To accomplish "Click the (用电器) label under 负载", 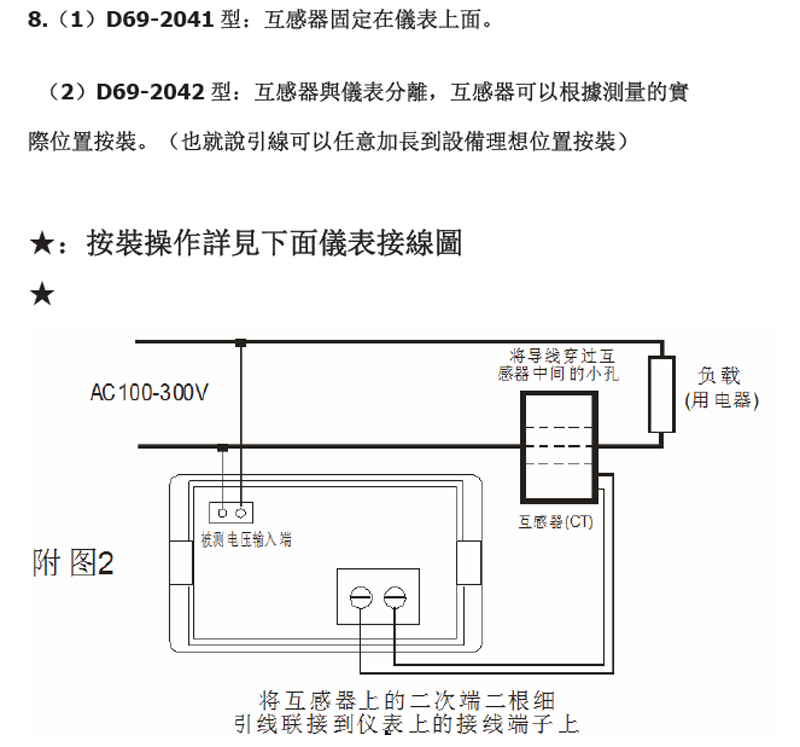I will [720, 400].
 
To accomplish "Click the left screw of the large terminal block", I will [360, 597].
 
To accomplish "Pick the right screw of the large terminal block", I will [396, 597].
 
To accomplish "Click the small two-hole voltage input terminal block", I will [231, 512].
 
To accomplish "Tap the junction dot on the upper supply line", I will [240, 343].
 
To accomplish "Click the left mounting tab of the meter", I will [181, 562].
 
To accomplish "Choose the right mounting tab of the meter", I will [468, 562].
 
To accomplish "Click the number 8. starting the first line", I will [37, 19].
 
